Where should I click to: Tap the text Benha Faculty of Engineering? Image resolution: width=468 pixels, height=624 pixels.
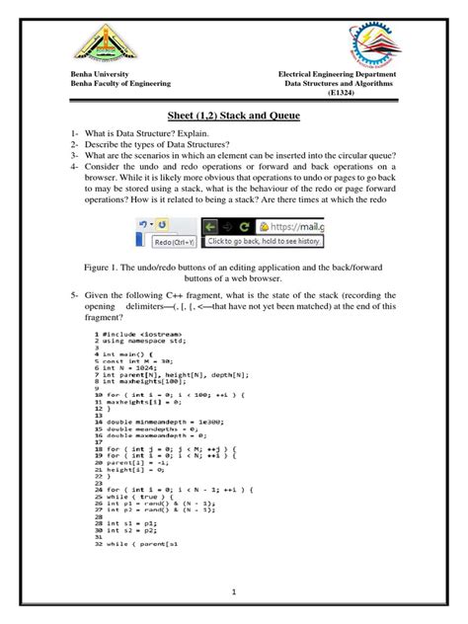[118, 86]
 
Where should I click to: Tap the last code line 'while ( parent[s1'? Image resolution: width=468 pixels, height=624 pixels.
[138, 543]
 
